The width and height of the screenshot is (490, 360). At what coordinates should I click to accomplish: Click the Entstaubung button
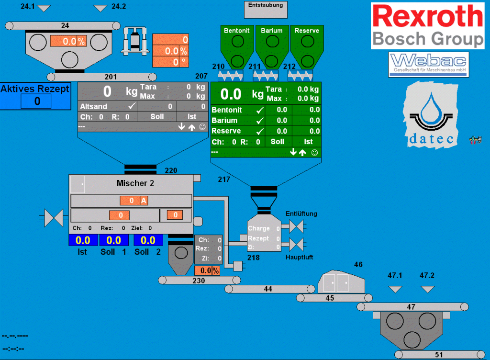pos(266,9)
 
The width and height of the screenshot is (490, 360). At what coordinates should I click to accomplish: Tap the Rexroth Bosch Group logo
pos(428,25)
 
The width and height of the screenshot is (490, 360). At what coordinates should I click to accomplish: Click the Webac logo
pos(428,65)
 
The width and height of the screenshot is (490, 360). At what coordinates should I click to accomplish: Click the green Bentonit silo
pos(236,46)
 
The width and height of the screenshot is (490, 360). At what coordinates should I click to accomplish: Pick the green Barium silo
pos(271,46)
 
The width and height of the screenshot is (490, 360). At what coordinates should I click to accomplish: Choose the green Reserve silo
pos(306,46)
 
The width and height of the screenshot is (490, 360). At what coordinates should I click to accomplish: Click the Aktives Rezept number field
pos(36,101)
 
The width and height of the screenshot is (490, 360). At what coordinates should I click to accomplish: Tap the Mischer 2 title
pos(135,183)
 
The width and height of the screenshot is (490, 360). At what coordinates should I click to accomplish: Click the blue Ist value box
pos(83,240)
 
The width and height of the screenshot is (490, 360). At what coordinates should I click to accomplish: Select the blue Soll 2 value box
pos(148,240)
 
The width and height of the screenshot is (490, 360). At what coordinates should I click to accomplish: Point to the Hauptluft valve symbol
pos(297,245)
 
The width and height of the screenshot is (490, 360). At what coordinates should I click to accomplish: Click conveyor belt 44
pos(268,289)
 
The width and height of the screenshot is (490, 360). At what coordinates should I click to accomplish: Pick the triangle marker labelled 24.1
pos(44,8)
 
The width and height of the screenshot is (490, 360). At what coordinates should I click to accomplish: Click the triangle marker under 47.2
pos(427,289)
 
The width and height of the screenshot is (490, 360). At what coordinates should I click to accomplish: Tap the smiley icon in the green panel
pos(314,152)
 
